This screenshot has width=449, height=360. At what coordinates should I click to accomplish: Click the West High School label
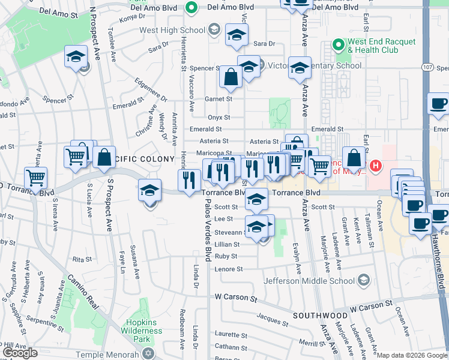tap(172, 30)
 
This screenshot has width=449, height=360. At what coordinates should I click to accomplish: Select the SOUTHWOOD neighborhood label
tap(320, 316)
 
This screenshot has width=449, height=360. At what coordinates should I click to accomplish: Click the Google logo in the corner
tap(20, 353)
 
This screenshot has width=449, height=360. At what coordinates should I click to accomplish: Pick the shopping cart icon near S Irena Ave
tap(35, 178)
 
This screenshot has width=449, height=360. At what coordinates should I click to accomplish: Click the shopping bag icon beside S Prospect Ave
tap(104, 157)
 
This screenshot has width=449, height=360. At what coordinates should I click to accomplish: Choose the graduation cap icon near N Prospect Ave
tap(76, 56)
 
